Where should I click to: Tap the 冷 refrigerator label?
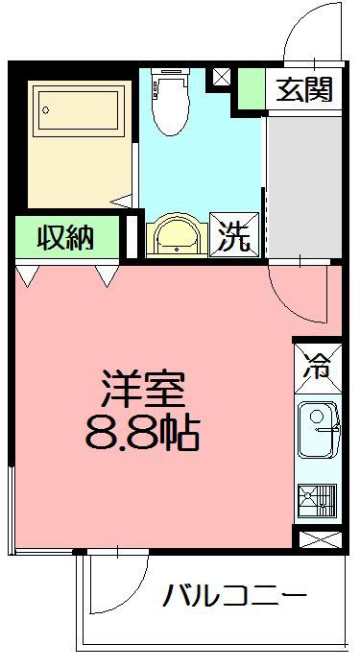[317, 366]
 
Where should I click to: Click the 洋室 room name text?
[149, 390]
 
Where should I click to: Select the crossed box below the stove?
[318, 539]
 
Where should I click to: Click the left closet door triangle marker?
[28, 276]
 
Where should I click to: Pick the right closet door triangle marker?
[107, 276]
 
